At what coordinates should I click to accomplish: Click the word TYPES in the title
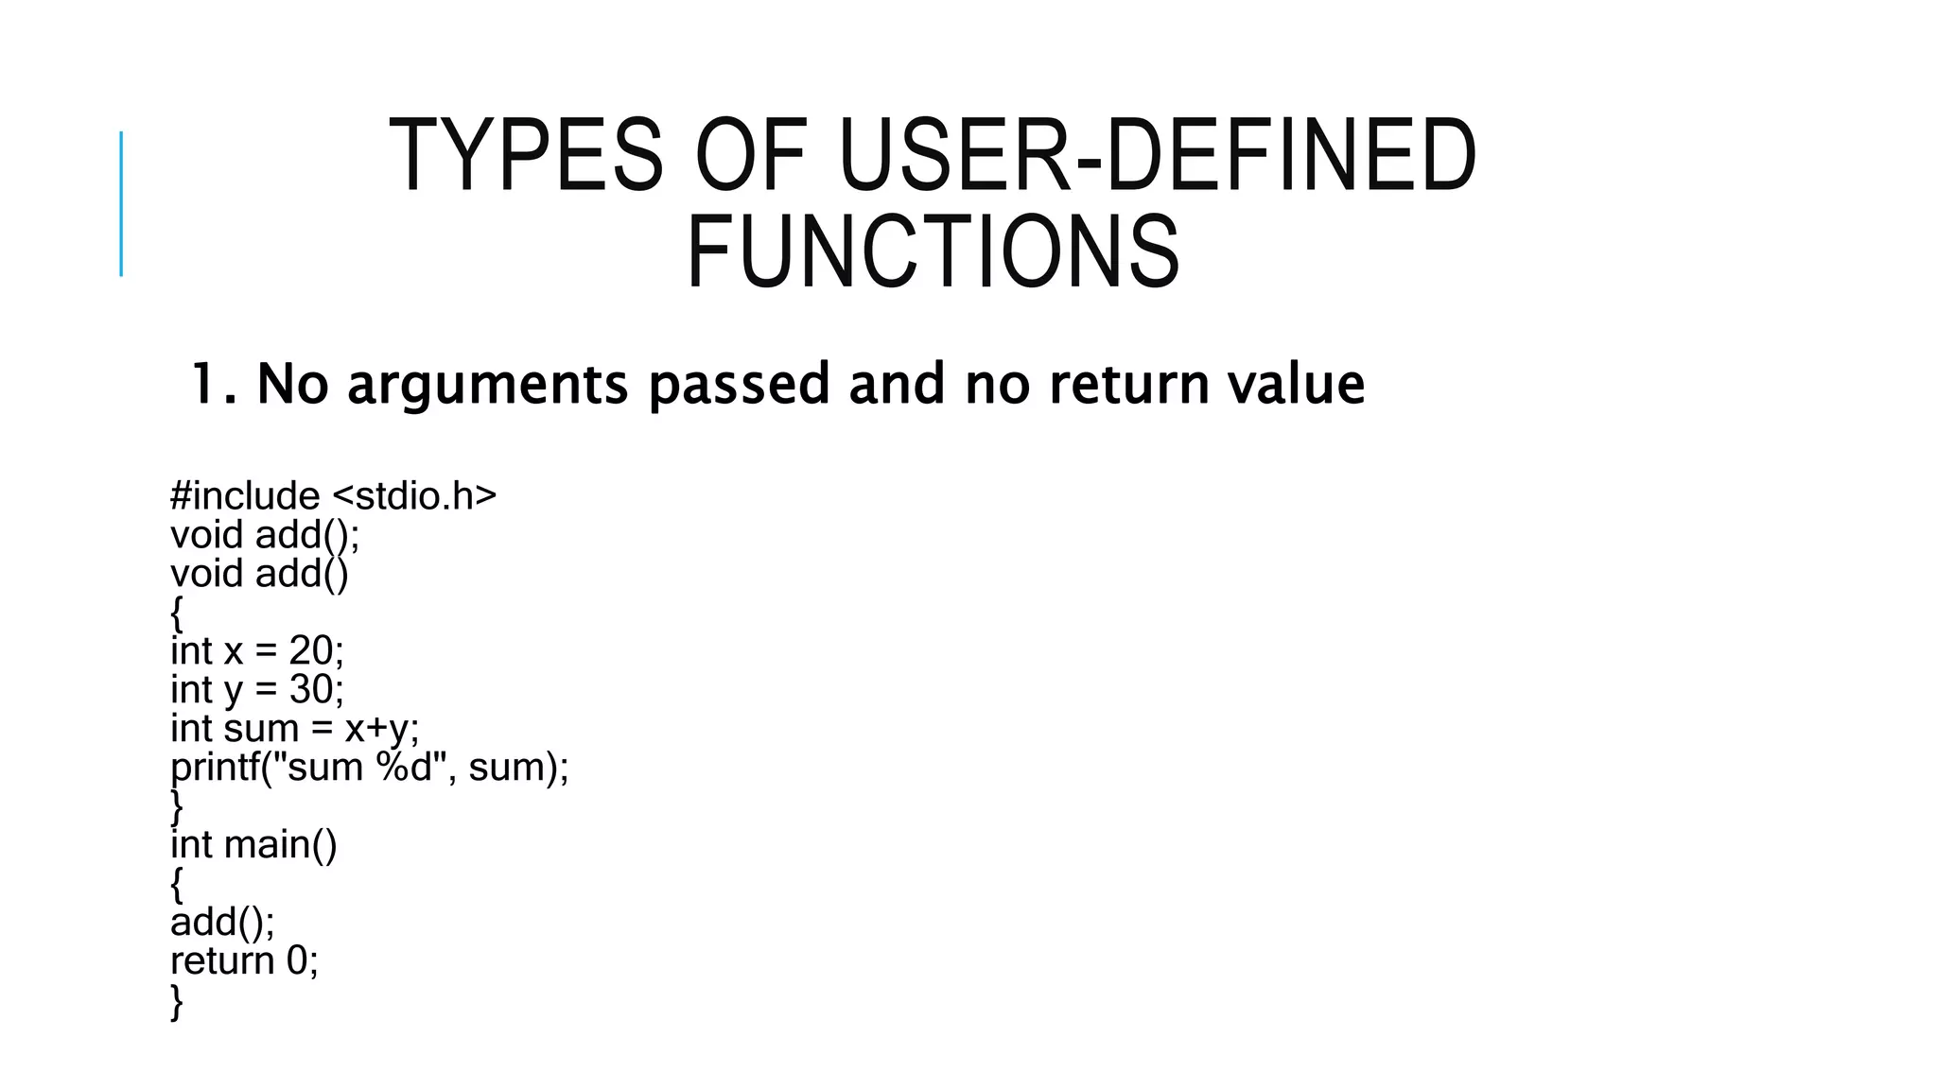pos(526,156)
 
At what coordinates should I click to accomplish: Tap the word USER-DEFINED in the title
pos(1157,156)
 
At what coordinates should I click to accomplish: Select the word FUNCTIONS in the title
pos(933,252)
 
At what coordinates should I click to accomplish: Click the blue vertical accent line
pos(121,203)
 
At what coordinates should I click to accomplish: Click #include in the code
pos(245,495)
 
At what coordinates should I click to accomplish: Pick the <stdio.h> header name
pos(414,495)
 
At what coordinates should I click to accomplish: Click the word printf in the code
pos(215,767)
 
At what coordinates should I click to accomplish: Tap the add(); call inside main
pos(222,922)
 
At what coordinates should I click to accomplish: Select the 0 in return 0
pos(297,960)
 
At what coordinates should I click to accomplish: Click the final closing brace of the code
pos(177,1001)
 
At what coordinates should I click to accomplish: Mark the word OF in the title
pos(751,156)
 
